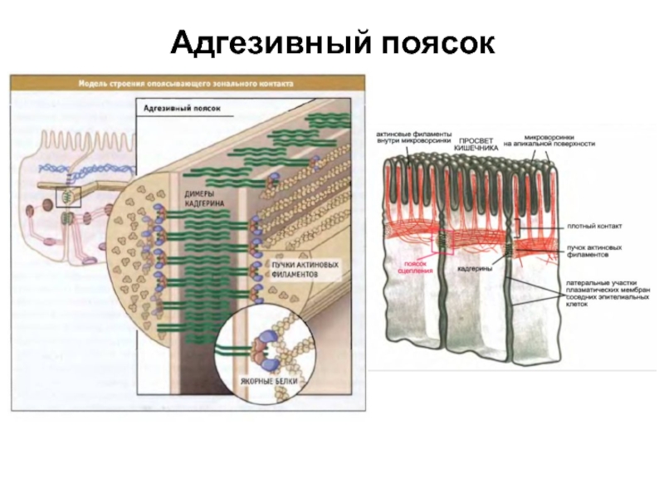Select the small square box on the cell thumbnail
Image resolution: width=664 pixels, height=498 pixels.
tap(66, 197)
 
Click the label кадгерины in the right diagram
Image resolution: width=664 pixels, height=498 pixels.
tap(473, 269)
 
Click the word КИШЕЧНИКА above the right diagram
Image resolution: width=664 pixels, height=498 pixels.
tap(478, 147)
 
